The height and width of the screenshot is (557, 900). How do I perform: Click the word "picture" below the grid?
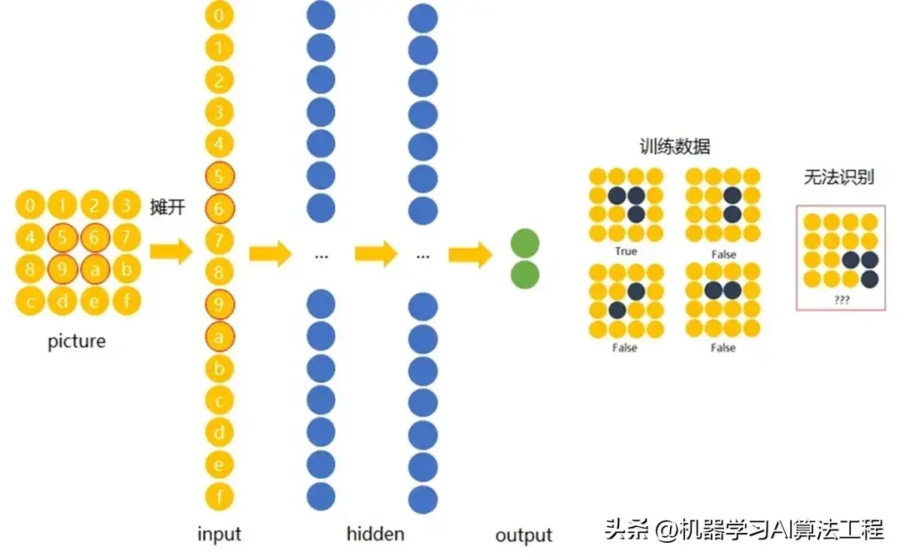[x=77, y=341]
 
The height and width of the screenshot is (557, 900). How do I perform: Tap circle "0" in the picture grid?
[x=31, y=206]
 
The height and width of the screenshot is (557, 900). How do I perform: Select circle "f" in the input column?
[x=219, y=497]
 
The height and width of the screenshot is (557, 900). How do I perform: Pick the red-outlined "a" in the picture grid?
[x=95, y=269]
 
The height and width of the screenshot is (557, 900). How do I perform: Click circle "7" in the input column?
[x=219, y=240]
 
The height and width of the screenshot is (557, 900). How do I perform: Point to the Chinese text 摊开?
[x=167, y=206]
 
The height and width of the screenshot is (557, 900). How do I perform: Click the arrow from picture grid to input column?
[x=171, y=251]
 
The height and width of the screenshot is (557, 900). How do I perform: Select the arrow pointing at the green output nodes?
[x=470, y=254]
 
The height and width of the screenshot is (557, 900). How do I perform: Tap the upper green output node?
[x=525, y=243]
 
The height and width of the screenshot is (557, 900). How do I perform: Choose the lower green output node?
[x=525, y=275]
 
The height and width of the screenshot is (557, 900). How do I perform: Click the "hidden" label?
[x=375, y=534]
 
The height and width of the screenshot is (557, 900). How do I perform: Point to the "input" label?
[x=219, y=534]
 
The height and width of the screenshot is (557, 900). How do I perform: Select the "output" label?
[x=523, y=535]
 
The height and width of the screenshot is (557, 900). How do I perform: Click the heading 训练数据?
[x=675, y=147]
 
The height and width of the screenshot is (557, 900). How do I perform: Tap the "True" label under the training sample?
[x=626, y=251]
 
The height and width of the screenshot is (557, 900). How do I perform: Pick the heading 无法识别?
[x=838, y=177]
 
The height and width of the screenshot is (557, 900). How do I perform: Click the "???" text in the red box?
[x=842, y=300]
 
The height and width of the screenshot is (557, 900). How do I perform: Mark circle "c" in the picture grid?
[x=31, y=301]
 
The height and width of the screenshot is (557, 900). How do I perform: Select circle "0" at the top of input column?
[x=219, y=15]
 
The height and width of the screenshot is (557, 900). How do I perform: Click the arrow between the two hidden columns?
[x=376, y=254]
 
